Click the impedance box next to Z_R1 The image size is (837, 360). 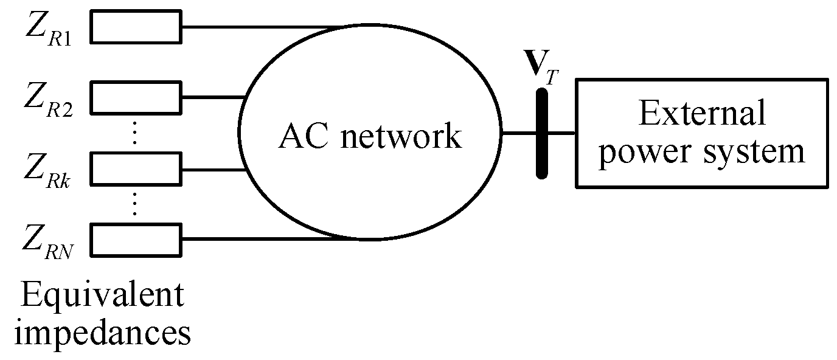(x=136, y=27)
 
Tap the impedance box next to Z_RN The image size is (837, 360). (x=136, y=238)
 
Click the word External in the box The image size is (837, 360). (x=701, y=114)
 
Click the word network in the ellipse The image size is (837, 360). (x=401, y=137)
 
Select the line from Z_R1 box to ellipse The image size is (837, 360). (x=262, y=27)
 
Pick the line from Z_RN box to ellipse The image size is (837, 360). (x=262, y=238)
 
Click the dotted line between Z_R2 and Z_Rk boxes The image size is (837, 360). (x=136, y=133)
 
